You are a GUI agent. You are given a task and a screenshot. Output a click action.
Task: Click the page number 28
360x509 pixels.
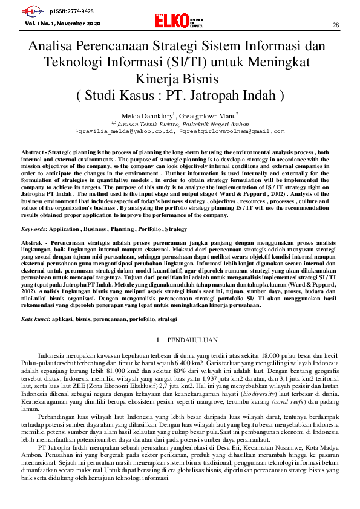(336, 25)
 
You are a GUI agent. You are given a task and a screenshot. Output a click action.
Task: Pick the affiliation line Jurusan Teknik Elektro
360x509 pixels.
(175, 122)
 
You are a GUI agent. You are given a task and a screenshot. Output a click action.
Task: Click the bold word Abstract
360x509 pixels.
(33, 152)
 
